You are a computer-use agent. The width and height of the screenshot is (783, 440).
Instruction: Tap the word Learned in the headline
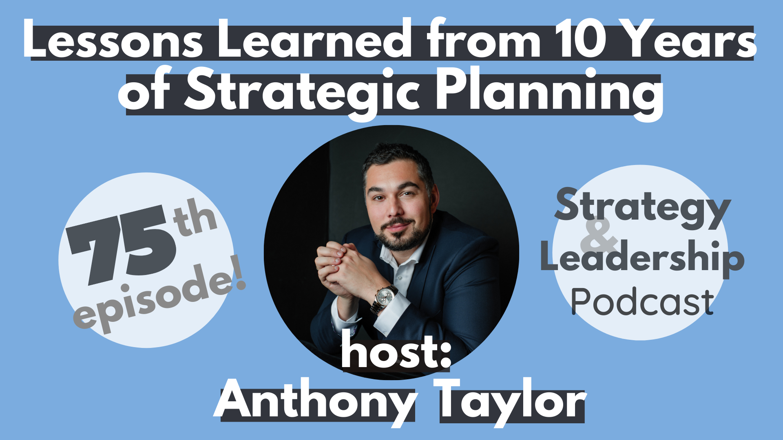click(314, 39)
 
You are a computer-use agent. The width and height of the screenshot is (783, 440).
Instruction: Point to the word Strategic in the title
click(302, 92)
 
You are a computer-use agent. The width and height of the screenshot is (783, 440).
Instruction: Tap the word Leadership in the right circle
click(642, 258)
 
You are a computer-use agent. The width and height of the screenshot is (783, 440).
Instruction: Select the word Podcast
click(642, 301)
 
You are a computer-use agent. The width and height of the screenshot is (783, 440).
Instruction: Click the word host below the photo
click(396, 350)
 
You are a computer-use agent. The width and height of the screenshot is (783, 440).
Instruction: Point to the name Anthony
click(314, 401)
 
